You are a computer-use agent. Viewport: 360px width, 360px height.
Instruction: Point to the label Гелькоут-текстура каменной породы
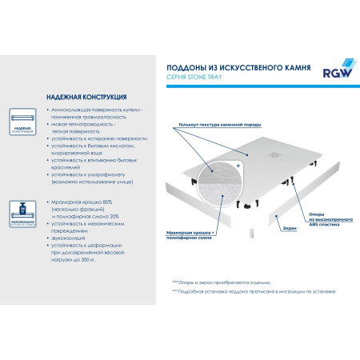click(x=214, y=125)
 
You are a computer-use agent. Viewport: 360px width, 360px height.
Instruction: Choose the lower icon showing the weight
click(x=22, y=214)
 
